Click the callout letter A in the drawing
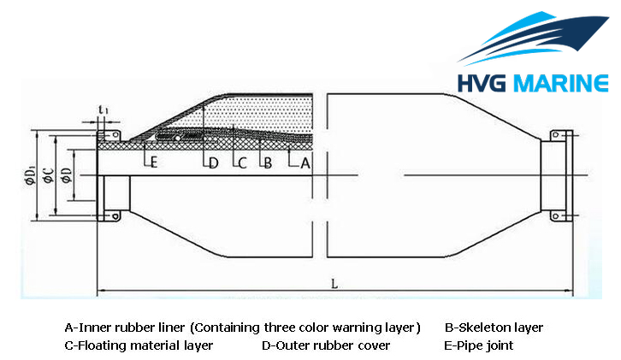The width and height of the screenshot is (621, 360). (x=305, y=162)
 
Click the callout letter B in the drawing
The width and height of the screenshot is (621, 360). (x=268, y=162)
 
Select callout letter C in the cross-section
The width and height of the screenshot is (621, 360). (x=242, y=162)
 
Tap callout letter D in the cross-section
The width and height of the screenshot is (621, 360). (x=214, y=162)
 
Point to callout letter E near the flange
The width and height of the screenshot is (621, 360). (x=154, y=162)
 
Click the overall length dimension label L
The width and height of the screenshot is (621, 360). (x=334, y=284)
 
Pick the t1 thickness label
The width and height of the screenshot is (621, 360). (x=103, y=109)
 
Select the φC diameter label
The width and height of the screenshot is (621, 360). (x=48, y=176)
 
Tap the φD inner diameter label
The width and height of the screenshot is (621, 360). (x=66, y=176)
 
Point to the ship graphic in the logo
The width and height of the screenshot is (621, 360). (x=533, y=38)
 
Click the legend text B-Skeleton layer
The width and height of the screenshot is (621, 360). (x=494, y=328)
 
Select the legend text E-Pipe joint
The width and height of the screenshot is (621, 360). (x=478, y=345)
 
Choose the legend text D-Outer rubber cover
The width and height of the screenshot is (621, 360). (x=326, y=345)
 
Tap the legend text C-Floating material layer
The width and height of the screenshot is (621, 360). (x=139, y=345)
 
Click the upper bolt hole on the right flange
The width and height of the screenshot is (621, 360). (x=555, y=135)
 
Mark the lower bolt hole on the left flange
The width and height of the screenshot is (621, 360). (x=115, y=216)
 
